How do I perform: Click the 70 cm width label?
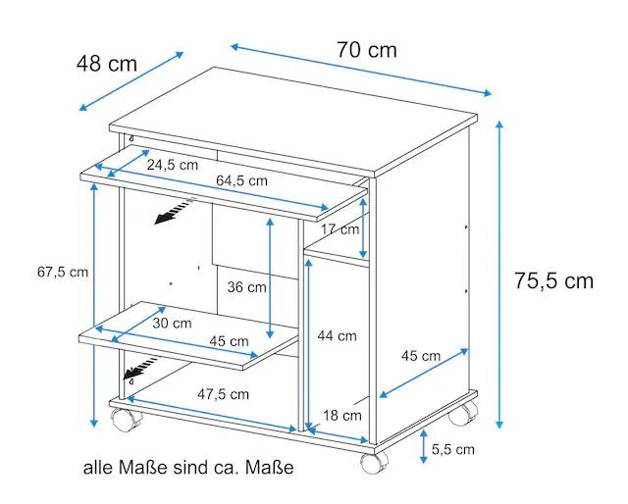pos(366,50)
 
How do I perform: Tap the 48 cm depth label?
pos(107,64)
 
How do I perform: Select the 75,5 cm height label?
pos(553,280)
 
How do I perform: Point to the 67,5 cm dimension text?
pos(63,273)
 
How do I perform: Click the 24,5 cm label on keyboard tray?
pos(173,165)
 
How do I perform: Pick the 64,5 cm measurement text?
pos(241,180)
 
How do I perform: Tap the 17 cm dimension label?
pos(340,229)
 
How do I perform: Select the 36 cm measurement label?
pos(246,287)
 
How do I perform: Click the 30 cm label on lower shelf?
pos(172,323)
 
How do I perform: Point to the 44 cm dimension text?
pos(337,336)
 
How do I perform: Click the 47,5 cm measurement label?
pos(223,394)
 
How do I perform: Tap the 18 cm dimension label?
pos(342,415)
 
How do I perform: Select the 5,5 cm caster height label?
pos(453,449)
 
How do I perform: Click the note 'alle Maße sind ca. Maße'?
pos(188,467)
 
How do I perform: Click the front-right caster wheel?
pos(374,462)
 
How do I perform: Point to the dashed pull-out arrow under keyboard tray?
pos(175,212)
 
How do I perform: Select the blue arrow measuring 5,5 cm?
pos(423,447)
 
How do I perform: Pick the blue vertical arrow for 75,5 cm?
pos(499,275)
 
